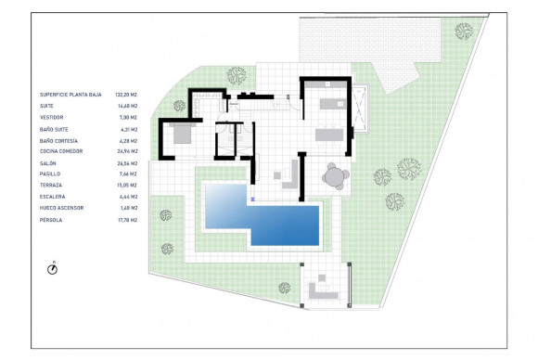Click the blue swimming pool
[278, 223]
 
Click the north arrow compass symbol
[54, 268]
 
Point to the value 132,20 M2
[127, 95]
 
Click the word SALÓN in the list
[47, 162]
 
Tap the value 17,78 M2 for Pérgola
[126, 219]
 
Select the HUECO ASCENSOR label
[62, 208]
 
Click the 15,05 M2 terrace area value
[126, 185]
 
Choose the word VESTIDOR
[52, 117]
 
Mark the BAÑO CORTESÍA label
[58, 140]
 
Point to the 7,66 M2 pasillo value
[127, 174]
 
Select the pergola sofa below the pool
[322, 288]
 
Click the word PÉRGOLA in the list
[50, 219]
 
